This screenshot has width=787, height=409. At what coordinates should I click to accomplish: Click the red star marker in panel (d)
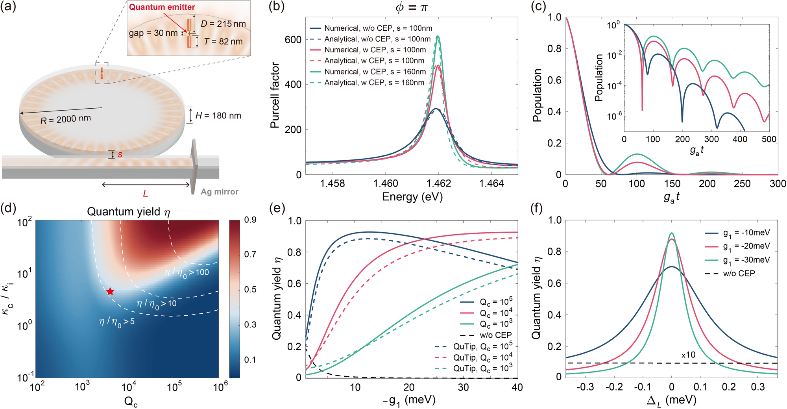[110, 291]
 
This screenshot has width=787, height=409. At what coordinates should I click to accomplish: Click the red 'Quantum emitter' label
[162, 7]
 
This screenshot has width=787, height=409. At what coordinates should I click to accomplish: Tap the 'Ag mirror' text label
[220, 192]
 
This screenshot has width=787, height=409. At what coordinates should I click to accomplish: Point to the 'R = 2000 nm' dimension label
[66, 119]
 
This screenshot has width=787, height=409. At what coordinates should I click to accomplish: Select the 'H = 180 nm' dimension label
[218, 115]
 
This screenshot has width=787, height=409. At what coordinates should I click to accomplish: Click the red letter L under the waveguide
[145, 194]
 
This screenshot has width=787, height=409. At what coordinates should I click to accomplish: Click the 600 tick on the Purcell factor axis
[293, 39]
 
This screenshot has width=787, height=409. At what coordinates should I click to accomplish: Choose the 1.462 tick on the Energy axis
[438, 183]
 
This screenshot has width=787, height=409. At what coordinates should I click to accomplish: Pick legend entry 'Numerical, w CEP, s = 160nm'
[375, 72]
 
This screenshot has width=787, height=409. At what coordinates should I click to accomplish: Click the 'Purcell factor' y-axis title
[275, 95]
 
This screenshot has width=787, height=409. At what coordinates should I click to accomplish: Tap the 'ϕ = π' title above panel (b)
[411, 7]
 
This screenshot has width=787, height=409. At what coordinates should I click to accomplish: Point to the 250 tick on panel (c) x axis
[742, 184]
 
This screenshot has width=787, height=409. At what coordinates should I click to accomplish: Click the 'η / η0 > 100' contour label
[187, 273]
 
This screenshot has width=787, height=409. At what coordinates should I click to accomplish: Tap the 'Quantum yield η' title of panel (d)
[128, 212]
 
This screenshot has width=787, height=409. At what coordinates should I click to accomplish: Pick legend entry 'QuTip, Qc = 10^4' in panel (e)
[482, 357]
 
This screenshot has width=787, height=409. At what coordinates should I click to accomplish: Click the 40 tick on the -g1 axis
[517, 387]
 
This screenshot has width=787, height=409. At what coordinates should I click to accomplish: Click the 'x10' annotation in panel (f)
[688, 355]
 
